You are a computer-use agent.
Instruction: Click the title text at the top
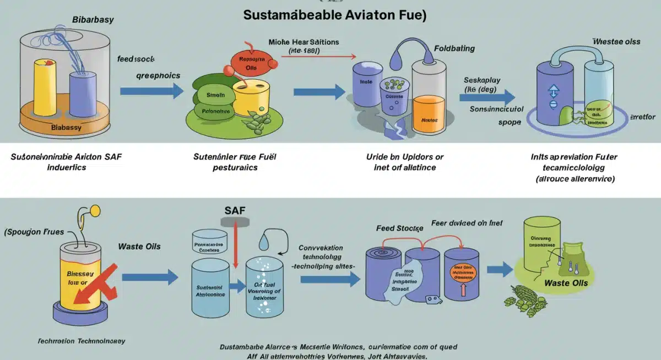(335, 15)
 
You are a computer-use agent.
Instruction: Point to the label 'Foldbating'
(453, 48)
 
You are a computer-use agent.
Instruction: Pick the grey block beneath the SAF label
(235, 221)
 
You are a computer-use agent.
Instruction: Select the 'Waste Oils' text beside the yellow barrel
(139, 246)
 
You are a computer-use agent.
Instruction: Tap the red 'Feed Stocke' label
(400, 227)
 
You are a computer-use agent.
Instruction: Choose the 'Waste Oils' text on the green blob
(566, 283)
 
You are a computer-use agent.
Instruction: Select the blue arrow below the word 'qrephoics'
(152, 91)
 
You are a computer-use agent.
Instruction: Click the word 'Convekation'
(321, 248)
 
